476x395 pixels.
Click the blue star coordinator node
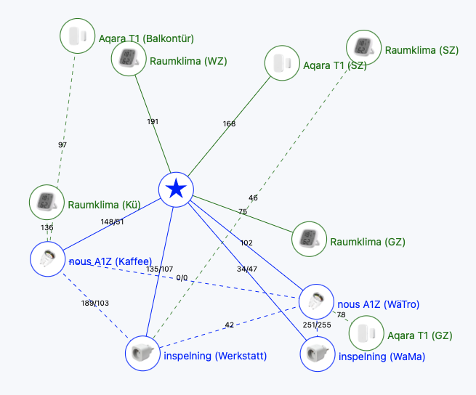[176, 190]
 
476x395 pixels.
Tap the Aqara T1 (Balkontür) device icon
[78, 36]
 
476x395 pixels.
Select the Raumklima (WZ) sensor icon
[129, 58]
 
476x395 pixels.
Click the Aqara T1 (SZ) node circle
[282, 63]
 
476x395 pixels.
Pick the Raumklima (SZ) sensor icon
[363, 48]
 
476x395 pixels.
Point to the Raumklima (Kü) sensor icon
[47, 202]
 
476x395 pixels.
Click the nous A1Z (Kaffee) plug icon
[48, 258]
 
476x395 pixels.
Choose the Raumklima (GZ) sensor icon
[309, 239]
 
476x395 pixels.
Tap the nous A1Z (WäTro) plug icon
[316, 302]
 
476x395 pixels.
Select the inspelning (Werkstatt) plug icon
[142, 353]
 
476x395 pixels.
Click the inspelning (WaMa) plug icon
[318, 354]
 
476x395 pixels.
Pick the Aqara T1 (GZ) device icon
[366, 333]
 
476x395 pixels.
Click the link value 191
[153, 122]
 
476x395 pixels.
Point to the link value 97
[62, 144]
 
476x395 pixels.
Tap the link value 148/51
[113, 222]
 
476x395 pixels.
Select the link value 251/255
[317, 325]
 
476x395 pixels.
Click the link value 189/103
[95, 303]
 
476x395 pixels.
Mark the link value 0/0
[182, 278]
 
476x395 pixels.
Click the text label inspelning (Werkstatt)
[215, 356]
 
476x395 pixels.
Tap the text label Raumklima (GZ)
[368, 242]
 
